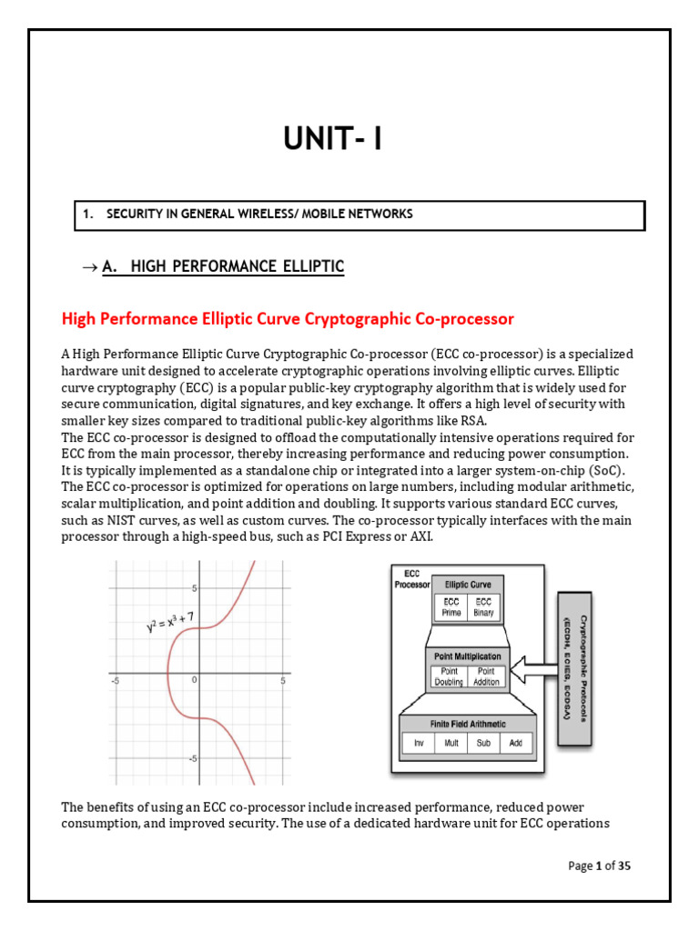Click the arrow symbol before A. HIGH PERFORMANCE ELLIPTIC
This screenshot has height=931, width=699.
coord(88,266)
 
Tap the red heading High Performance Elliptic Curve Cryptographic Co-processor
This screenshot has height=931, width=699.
coord(287,319)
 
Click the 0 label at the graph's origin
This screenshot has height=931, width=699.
coord(194,679)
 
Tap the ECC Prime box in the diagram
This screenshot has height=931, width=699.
coord(451,606)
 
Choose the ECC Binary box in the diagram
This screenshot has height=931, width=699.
coord(483,606)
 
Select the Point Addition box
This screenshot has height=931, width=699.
coord(486,676)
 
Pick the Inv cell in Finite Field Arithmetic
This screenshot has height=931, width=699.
coord(418,743)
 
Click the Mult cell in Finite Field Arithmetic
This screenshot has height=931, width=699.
coord(451,743)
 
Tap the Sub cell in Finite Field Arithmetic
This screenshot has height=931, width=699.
coord(483,743)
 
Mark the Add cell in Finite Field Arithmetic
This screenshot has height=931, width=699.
coord(516,743)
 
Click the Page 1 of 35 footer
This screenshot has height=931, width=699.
coord(599,866)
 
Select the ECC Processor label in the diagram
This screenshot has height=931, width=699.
coord(411,579)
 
